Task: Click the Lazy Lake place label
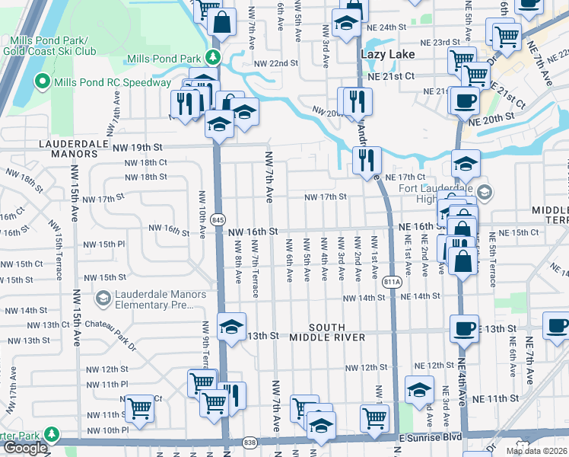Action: (387, 55)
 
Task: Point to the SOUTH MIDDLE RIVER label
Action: (316, 337)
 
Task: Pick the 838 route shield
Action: (251, 443)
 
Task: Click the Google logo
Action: (25, 448)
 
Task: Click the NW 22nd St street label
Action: (276, 63)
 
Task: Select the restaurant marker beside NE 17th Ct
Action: (367, 160)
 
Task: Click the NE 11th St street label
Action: (495, 398)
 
